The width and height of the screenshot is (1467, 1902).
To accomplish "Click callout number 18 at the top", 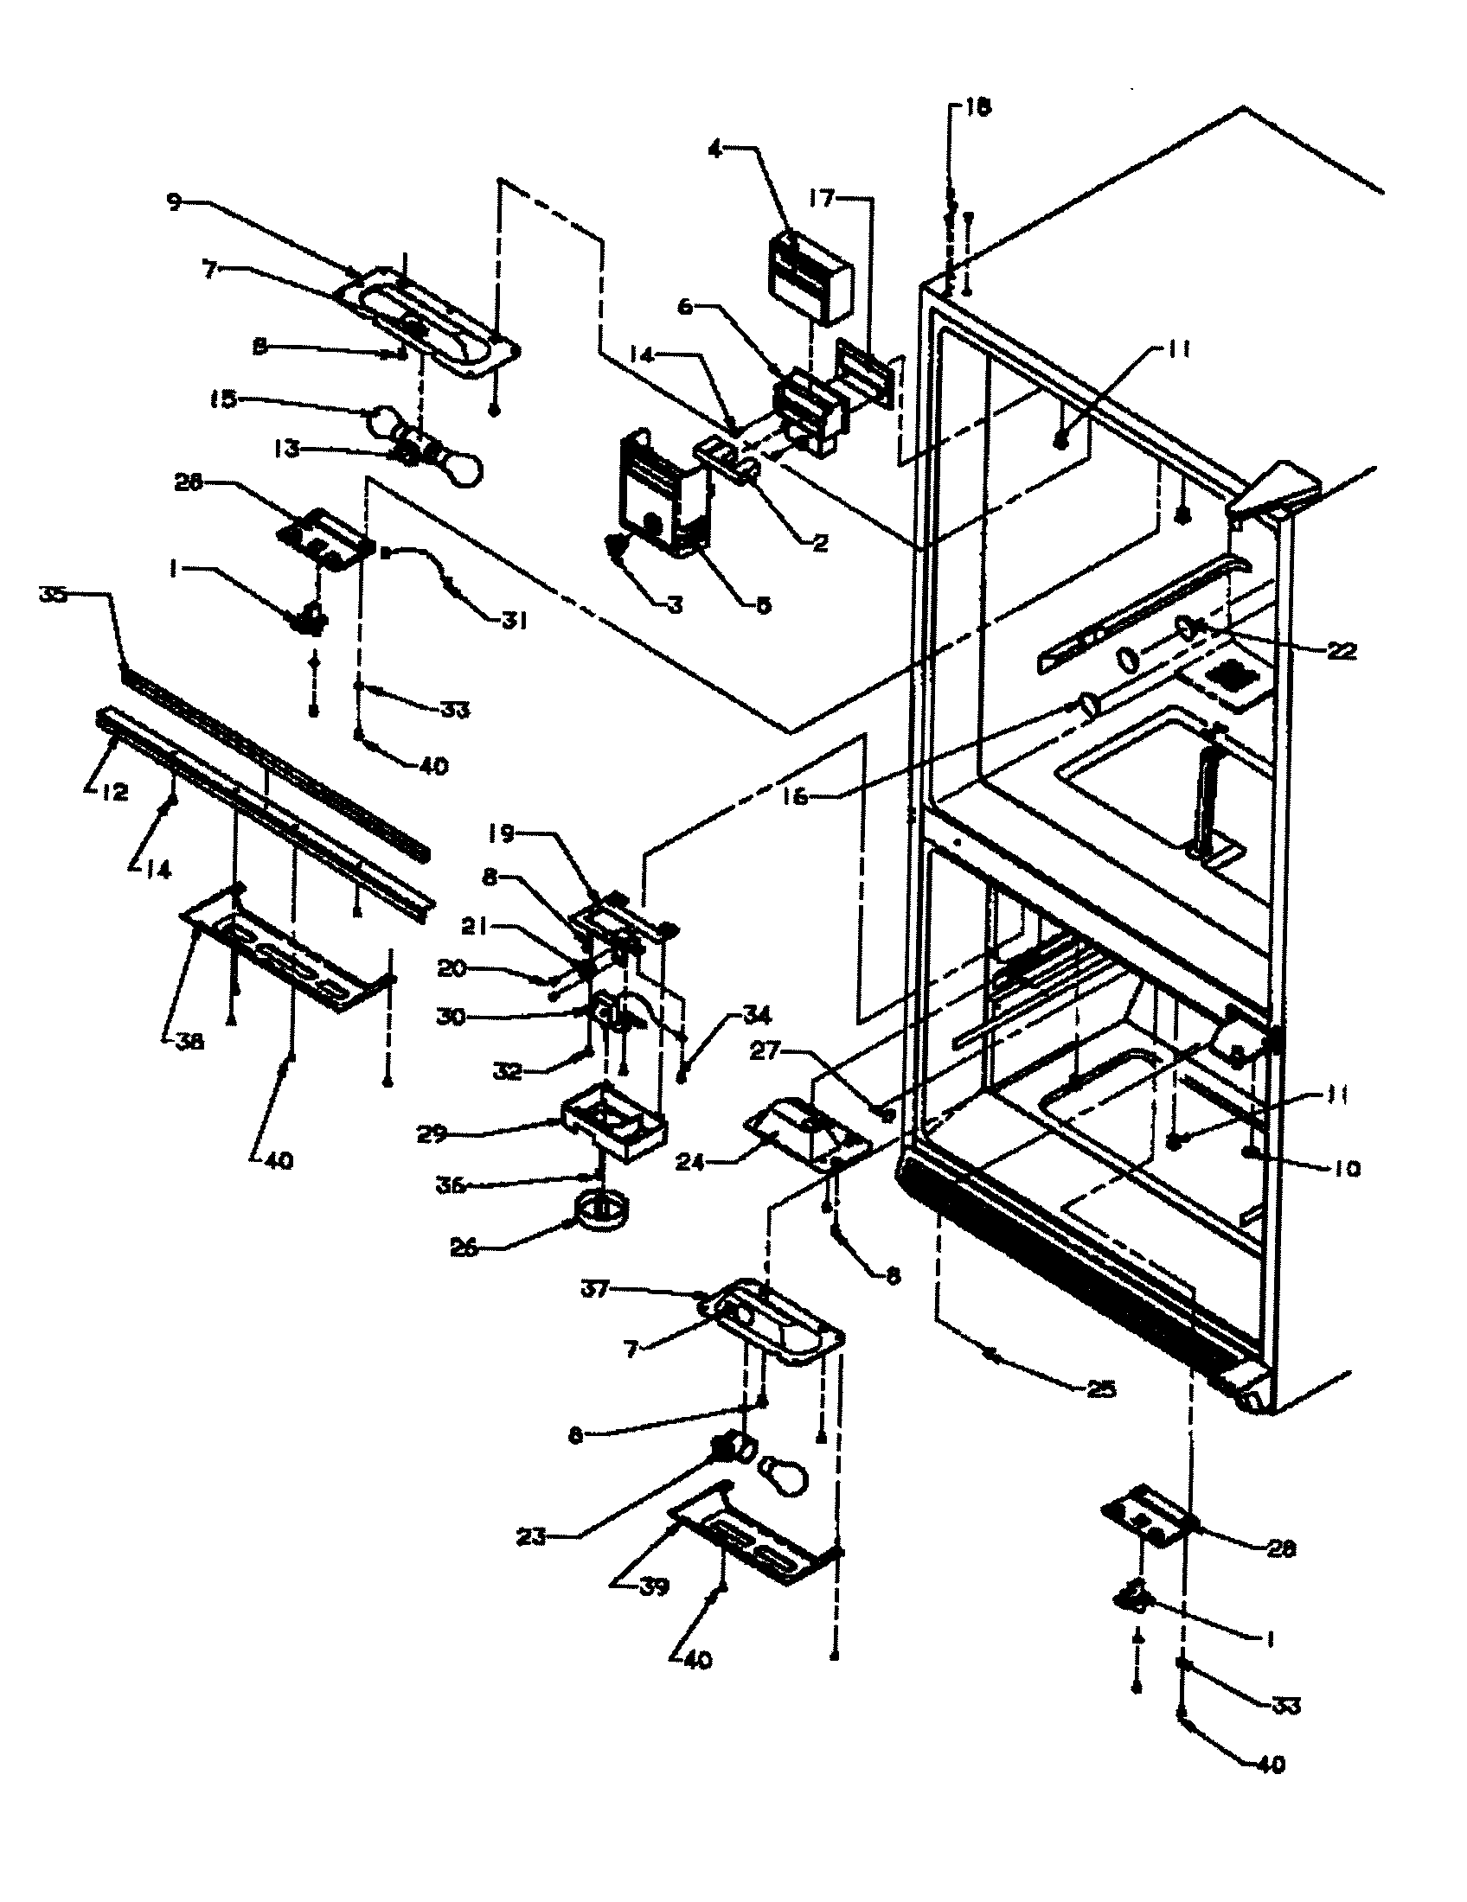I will tap(978, 108).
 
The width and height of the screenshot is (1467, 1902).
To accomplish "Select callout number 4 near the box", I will tap(714, 149).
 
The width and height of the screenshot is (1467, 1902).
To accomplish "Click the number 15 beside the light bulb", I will tap(222, 399).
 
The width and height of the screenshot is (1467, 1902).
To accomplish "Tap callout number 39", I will tap(653, 1586).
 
